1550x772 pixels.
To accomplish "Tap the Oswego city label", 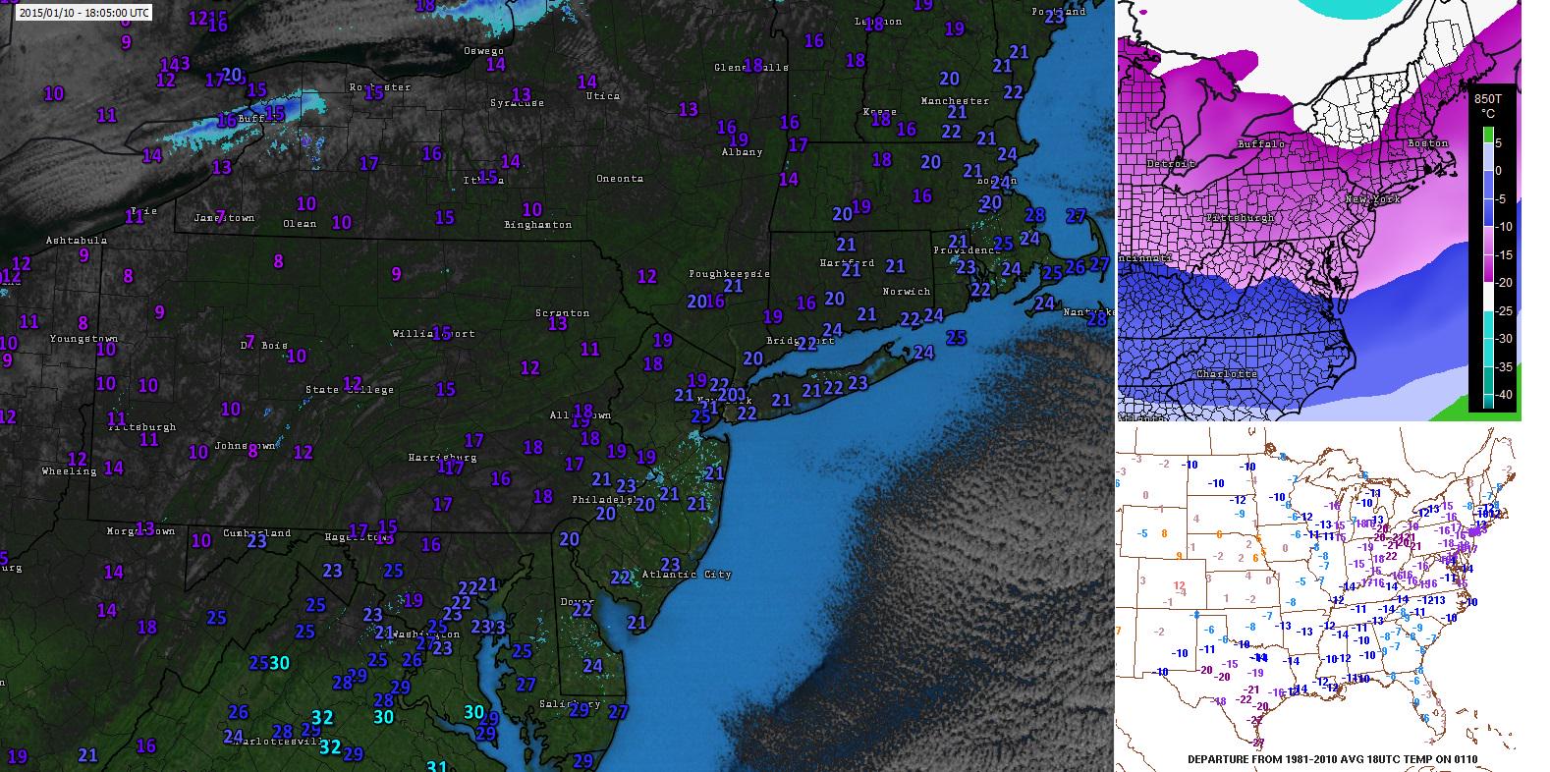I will coord(484,51).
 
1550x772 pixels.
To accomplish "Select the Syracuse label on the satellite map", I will coord(517,102).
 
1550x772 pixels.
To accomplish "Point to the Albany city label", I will coord(742,152).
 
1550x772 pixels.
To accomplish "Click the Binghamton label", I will coord(537,225).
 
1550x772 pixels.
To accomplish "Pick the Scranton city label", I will coord(563,313).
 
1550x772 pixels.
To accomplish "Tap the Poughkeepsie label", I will coord(729,274).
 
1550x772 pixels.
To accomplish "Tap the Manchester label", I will coord(955,101).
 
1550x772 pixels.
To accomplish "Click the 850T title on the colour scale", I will coord(1488,99).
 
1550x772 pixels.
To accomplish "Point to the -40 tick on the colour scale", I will coord(1504,395).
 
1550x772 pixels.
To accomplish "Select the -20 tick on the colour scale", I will coord(1504,283).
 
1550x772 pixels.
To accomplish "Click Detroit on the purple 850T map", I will coord(1170,163).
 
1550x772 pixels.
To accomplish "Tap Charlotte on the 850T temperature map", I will coord(1227,374).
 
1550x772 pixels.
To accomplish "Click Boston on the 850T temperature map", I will coord(1427,144).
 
